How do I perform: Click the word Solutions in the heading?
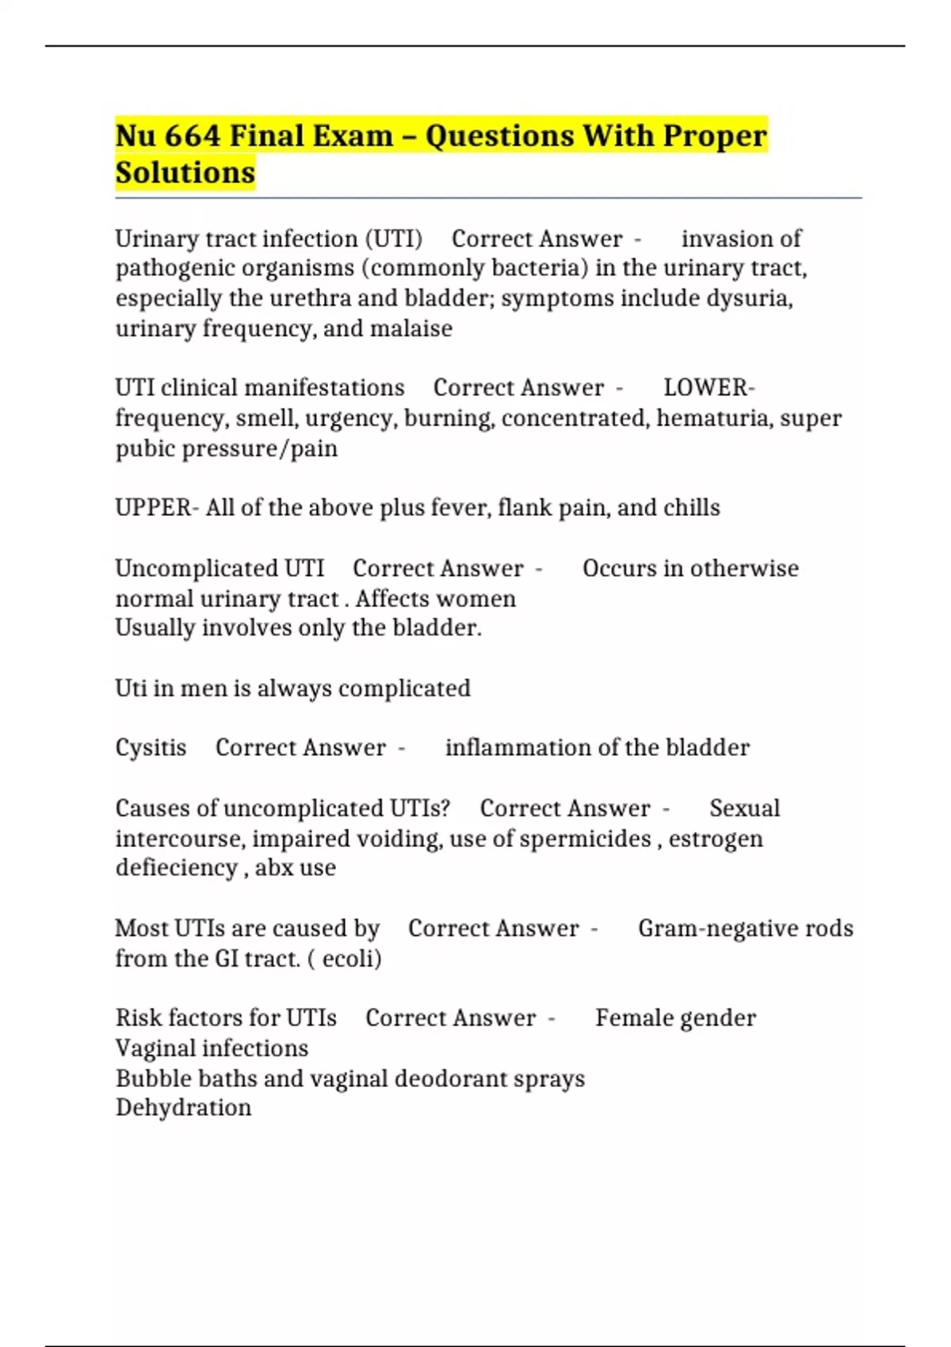coord(185,172)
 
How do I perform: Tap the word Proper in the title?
coord(715,135)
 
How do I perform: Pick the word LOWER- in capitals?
coord(708,387)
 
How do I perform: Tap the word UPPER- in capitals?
coord(157,507)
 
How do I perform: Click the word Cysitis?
coord(151,747)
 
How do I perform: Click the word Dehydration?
coord(183,1108)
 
